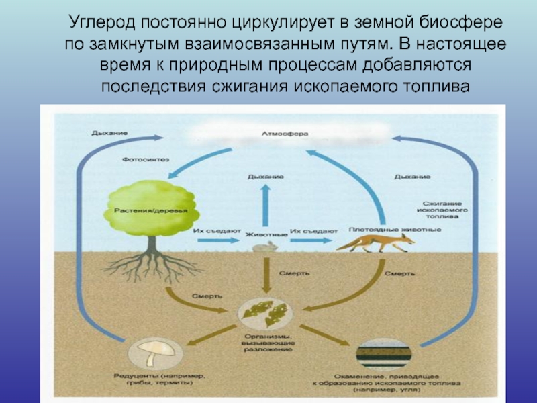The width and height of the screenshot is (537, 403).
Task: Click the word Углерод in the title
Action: coord(101,23)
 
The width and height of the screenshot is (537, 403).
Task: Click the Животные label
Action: coord(266,235)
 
